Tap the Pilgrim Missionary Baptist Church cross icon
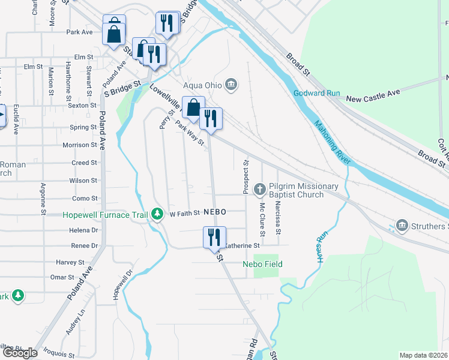point(261,189)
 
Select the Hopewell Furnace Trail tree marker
point(157,214)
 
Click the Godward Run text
point(318,93)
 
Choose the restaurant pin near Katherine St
point(214,238)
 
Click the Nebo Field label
point(262,264)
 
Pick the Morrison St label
point(80,145)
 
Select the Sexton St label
point(82,105)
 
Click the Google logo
point(20,353)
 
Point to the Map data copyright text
point(423,355)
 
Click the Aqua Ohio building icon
point(232,85)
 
